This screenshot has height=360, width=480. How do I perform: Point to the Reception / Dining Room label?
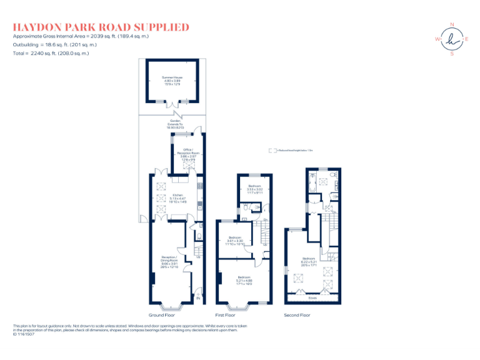coord(169,261)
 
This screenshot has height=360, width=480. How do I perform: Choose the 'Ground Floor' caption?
coord(161,315)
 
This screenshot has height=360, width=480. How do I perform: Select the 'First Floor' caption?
coord(228,315)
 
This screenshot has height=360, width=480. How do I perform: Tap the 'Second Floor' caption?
coord(297,315)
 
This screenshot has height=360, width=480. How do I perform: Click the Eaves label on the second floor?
coord(312,297)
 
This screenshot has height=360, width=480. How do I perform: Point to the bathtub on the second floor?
coord(312,182)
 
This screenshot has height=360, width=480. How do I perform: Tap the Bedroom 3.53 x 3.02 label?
coord(254,188)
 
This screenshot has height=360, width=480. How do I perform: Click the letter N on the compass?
coord(451,25)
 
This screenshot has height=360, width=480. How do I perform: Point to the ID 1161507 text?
coord(24,334)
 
